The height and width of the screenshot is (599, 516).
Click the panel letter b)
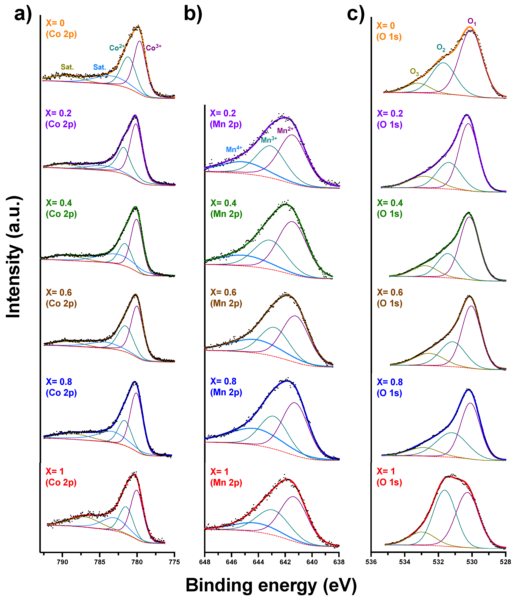pyautogui.click(x=193, y=14)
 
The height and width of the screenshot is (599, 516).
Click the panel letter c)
pyautogui.click(x=356, y=14)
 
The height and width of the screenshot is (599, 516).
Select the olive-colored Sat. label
pyautogui.click(x=67, y=67)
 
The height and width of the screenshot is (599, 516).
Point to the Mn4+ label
pyautogui.click(x=234, y=149)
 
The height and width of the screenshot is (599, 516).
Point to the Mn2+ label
pyautogui.click(x=285, y=130)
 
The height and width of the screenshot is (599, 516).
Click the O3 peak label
pyautogui.click(x=414, y=72)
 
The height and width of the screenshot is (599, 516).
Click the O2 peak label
pyautogui.click(x=441, y=48)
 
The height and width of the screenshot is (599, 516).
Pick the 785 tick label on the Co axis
pyautogui.click(x=100, y=562)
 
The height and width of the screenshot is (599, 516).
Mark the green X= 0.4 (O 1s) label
pyautogui.click(x=390, y=208)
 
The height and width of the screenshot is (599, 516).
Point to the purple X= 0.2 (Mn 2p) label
pyautogui.click(x=225, y=119)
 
